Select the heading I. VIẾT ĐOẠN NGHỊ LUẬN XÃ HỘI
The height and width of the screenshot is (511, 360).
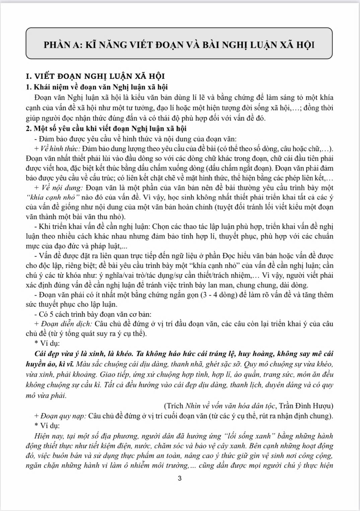[x=95, y=76]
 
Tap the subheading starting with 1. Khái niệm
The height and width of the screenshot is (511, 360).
[x=97, y=87]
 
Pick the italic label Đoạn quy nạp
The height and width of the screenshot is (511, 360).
[x=64, y=416]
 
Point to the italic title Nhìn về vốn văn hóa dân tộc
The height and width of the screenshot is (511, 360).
[x=230, y=406]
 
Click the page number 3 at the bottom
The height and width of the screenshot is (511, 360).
[x=180, y=478]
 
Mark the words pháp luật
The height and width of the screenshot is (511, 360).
[x=107, y=246]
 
